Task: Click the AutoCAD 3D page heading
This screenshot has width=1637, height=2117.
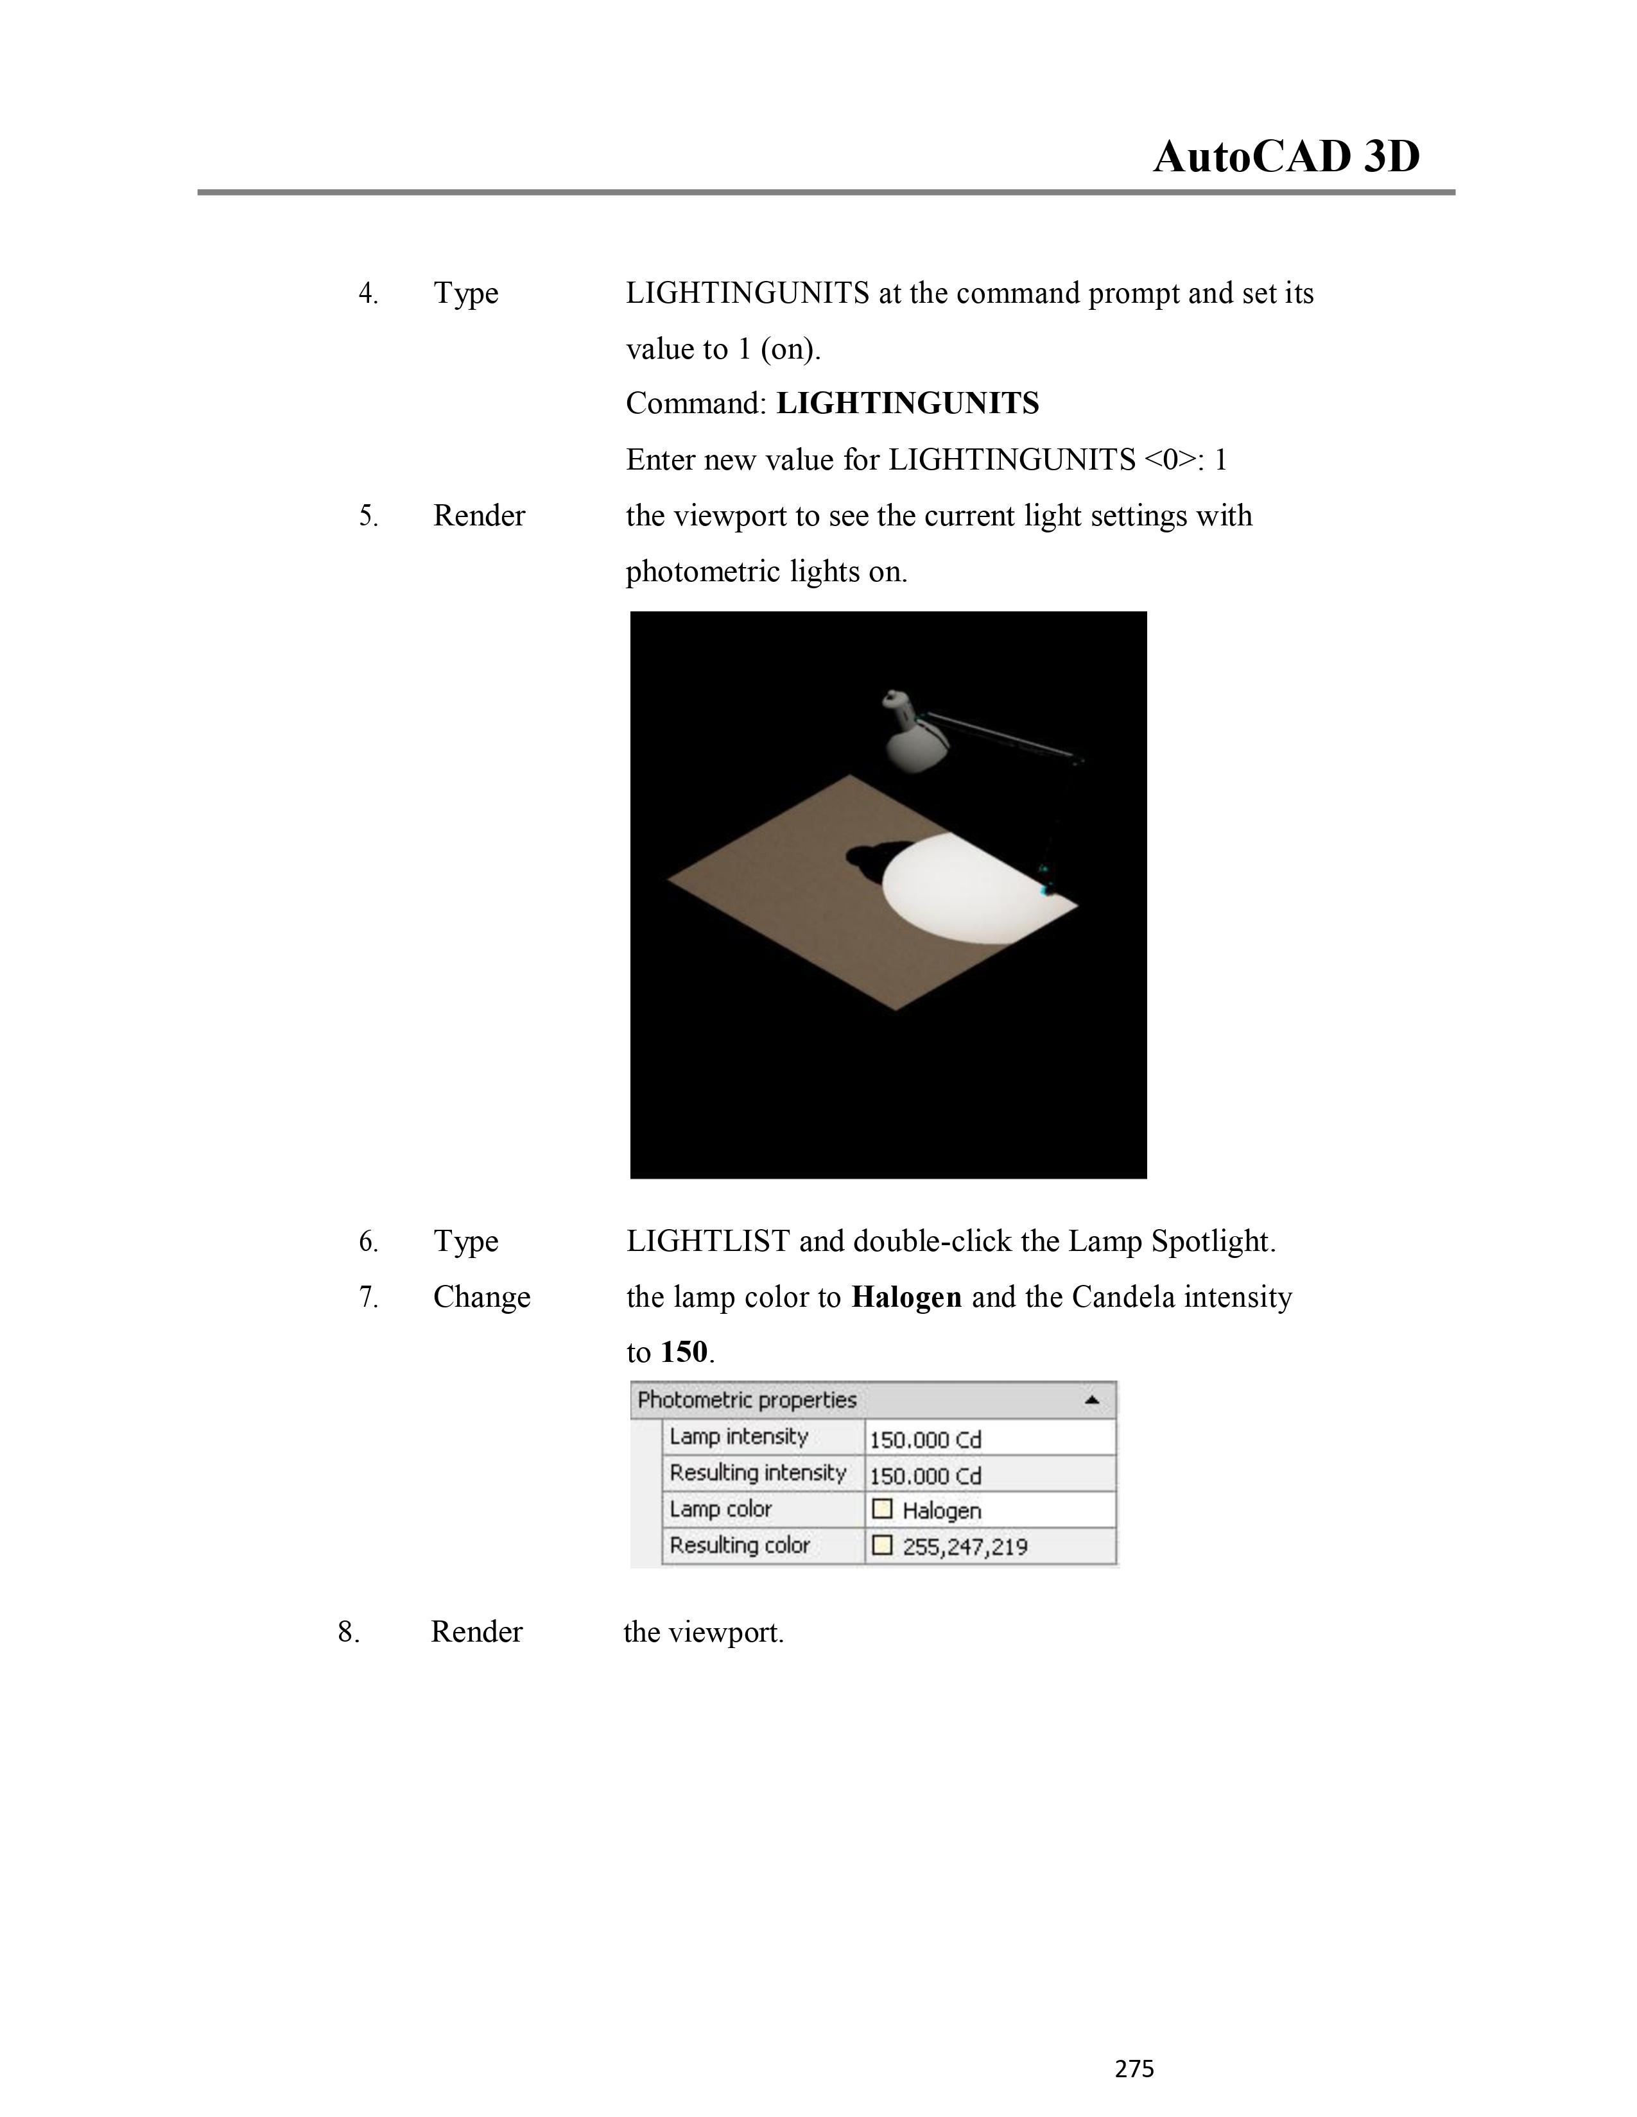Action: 1286,157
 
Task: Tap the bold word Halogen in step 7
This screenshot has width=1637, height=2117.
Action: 906,1297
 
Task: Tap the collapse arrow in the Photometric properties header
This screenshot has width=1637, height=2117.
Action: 1092,1400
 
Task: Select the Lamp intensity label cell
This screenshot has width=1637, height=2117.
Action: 739,1436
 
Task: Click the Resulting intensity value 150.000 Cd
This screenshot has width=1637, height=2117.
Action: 925,1475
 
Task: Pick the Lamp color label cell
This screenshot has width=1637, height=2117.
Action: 720,1509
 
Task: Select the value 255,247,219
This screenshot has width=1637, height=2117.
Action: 964,1546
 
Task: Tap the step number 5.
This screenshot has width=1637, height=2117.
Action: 368,516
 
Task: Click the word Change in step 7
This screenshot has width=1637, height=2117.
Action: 481,1297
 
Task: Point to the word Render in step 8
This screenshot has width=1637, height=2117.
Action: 476,1631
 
